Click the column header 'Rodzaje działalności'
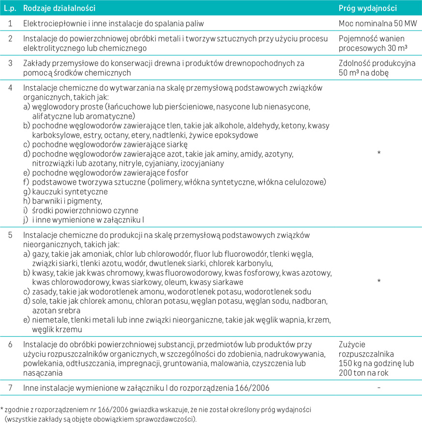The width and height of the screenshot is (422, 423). pyautogui.click(x=59, y=8)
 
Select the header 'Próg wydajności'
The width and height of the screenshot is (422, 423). pyautogui.click(x=368, y=8)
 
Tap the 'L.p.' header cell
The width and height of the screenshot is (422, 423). pyautogui.click(x=10, y=8)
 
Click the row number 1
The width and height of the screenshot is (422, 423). pyautogui.click(x=10, y=23)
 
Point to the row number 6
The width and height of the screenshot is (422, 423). pyautogui.click(x=10, y=345)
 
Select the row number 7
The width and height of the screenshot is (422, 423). pyautogui.click(x=10, y=388)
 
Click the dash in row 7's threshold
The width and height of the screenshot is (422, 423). pyautogui.click(x=379, y=388)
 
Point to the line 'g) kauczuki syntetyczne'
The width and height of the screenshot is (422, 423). pyautogui.click(x=65, y=191)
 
